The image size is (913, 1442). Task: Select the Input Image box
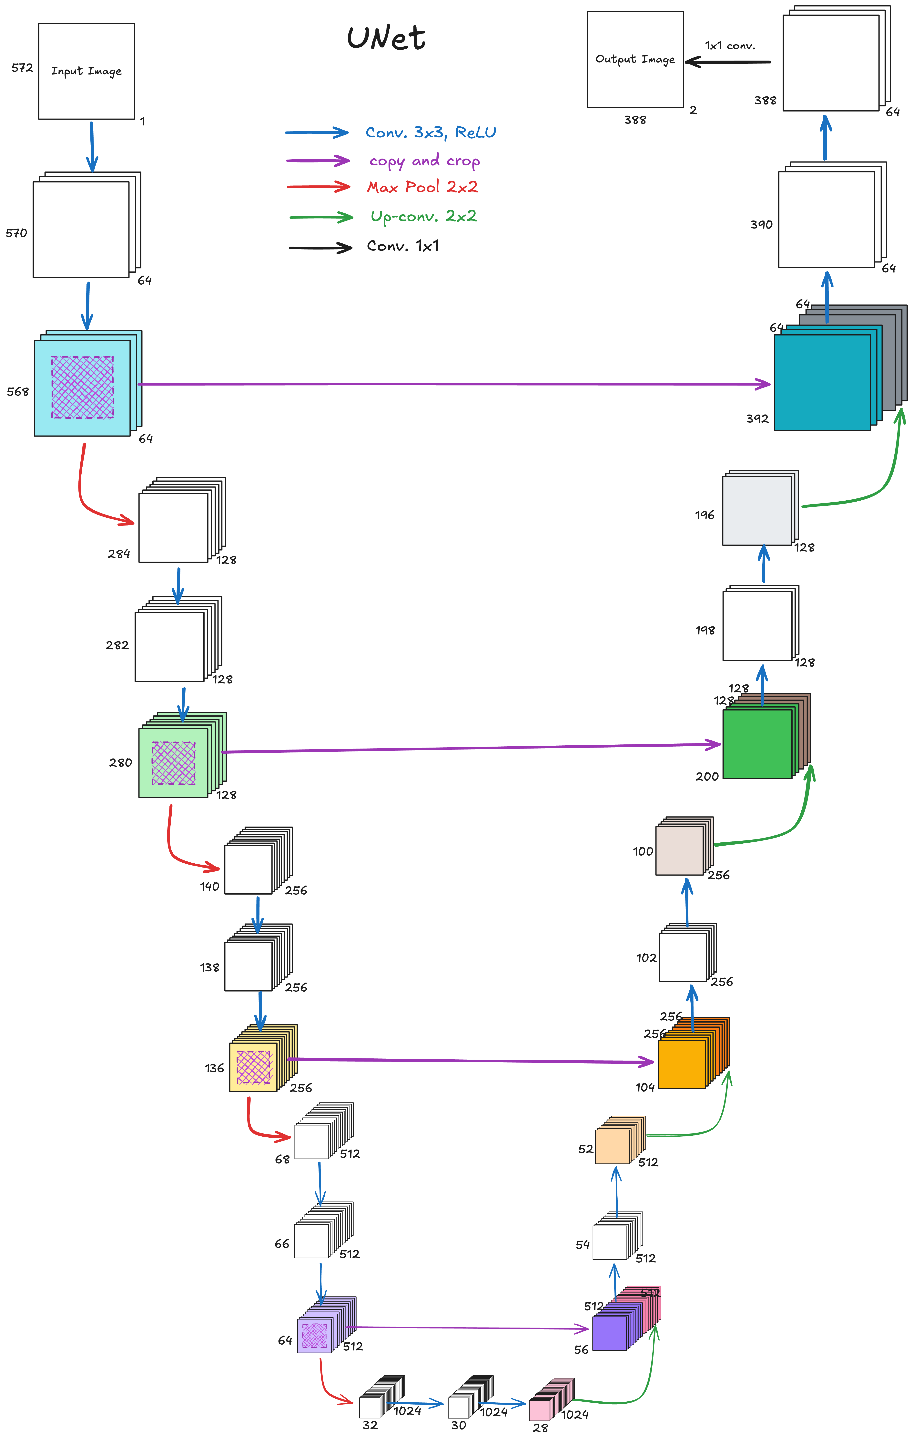point(86,71)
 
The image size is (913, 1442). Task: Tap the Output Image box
point(635,59)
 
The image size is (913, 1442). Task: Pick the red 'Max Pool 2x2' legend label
point(422,187)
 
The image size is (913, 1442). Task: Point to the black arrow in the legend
point(320,247)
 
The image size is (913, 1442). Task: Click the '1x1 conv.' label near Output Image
point(730,45)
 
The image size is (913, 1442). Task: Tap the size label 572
point(22,68)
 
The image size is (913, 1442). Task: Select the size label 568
point(18,392)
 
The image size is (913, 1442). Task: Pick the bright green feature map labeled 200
point(757,744)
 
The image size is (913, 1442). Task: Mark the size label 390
point(761,225)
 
